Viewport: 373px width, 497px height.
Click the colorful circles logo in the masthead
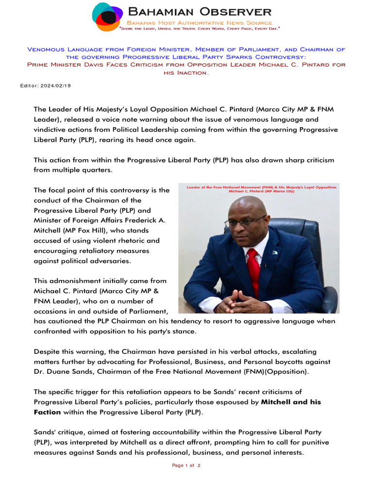click(x=108, y=17)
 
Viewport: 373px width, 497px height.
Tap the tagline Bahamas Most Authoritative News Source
click(x=199, y=23)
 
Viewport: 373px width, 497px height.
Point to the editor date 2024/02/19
click(x=59, y=85)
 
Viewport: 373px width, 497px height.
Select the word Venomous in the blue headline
click(x=45, y=50)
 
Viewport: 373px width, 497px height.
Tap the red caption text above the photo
click(x=258, y=188)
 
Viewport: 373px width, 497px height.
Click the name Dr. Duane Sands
click(x=61, y=372)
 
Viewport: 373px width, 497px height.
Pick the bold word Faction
click(x=47, y=412)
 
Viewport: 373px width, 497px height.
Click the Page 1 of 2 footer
click(x=186, y=465)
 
